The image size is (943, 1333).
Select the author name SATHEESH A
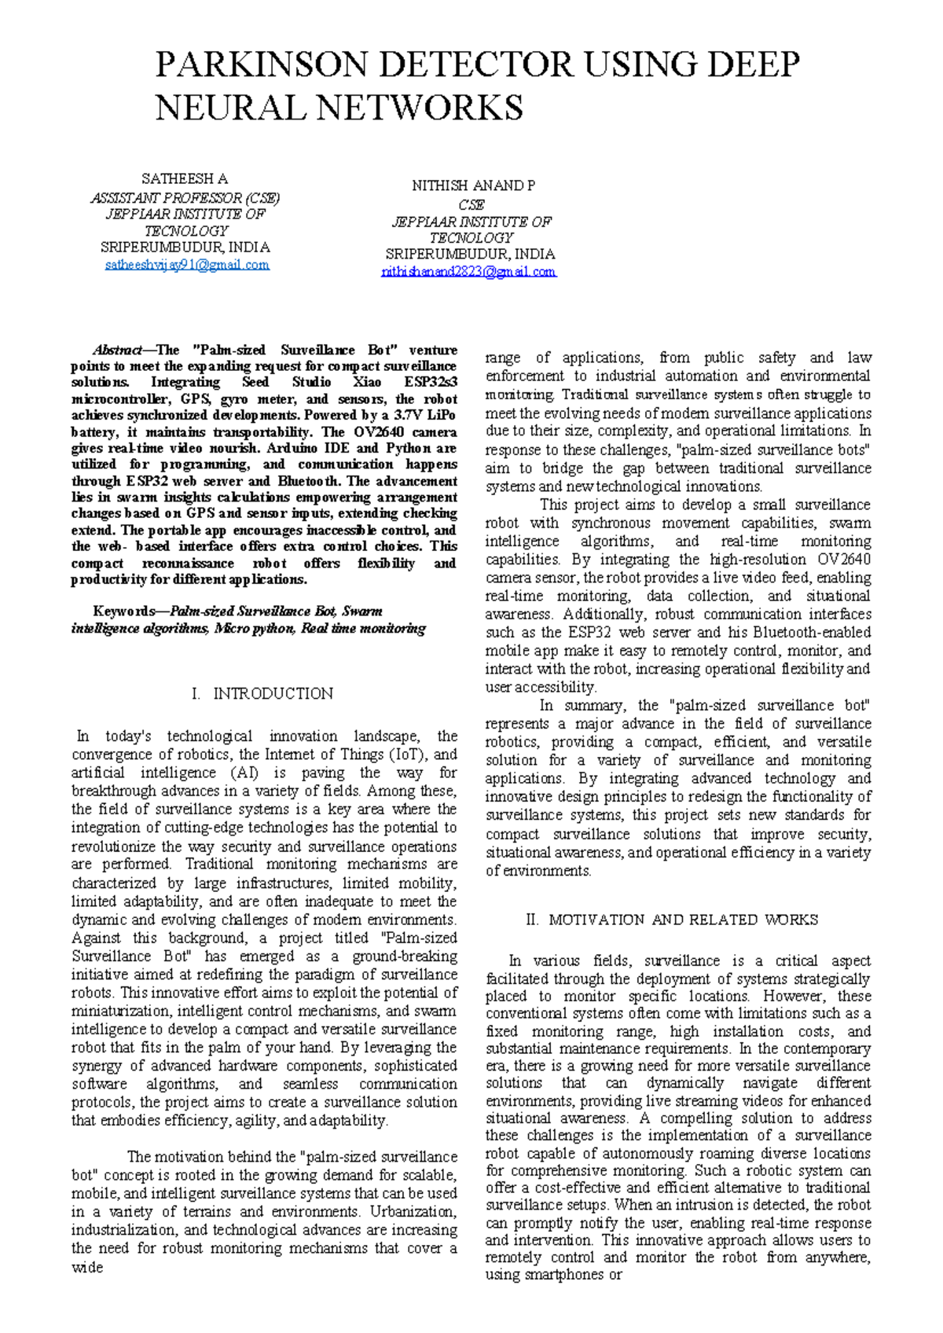185,179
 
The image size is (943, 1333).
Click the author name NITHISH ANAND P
474,186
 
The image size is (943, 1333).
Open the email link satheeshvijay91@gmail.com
187,265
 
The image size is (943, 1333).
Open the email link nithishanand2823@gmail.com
468,272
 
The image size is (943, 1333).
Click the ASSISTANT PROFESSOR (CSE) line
185,198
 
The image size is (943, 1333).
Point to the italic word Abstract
117,351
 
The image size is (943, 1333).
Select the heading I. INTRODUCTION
262,694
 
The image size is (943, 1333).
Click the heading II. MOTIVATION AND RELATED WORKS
672,920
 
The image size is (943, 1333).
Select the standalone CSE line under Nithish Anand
472,204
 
